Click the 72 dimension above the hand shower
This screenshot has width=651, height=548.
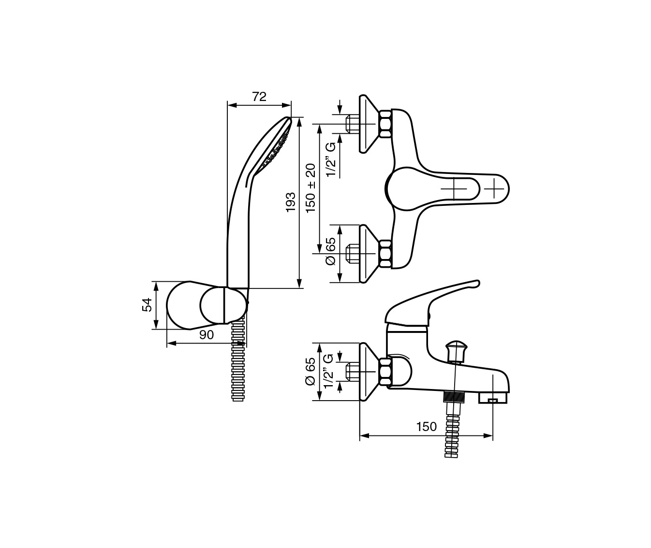pos(259,97)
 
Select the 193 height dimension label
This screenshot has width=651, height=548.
pos(291,202)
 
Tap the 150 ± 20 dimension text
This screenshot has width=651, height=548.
pos(311,188)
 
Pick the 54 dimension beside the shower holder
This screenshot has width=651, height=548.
pos(147,305)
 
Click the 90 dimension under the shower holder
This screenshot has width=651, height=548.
pos(207,335)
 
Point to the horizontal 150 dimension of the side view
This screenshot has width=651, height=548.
pos(427,427)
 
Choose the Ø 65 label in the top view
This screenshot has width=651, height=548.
pos(331,251)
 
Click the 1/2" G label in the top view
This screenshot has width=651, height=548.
pos(331,159)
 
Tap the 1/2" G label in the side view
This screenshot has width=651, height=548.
pos(328,371)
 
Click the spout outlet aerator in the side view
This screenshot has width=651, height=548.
pos(493,398)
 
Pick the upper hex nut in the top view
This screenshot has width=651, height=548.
pos(385,124)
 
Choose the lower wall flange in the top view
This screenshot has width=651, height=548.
pos(369,254)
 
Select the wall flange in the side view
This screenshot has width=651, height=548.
pos(369,372)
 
